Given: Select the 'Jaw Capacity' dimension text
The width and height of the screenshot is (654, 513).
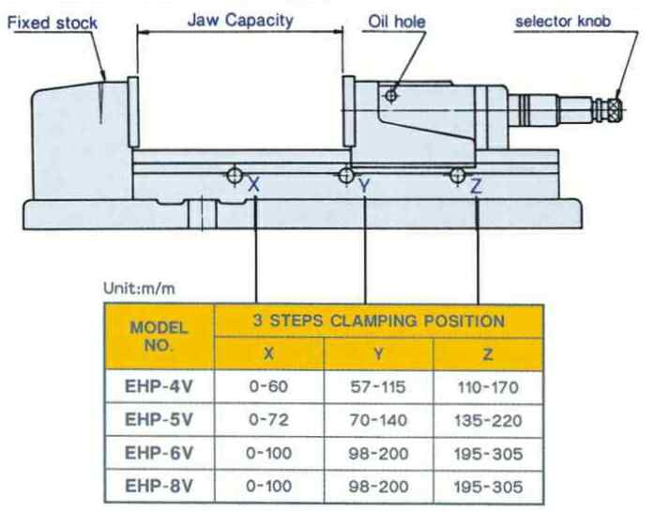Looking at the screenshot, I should point(240,19).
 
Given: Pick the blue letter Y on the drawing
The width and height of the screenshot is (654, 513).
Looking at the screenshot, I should point(365,187).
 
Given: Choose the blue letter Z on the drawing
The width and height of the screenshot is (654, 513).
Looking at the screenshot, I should point(477,186).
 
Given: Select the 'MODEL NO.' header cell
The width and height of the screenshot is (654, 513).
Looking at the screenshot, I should point(160,336).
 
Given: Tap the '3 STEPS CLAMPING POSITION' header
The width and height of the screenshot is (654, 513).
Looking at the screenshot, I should point(379,320).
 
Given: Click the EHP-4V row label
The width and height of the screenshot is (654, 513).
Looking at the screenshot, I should point(160,385).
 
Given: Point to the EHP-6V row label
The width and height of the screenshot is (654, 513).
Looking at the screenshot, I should point(160,454).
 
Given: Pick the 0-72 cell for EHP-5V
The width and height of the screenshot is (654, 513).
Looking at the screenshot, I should point(269,420).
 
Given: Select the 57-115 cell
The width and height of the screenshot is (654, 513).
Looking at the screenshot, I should point(379,385).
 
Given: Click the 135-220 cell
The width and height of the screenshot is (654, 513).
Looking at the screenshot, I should point(488,420).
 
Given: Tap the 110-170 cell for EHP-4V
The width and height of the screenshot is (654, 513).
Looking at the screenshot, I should point(488,385).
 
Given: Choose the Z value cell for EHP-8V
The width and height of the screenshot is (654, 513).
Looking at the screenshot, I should point(488,488).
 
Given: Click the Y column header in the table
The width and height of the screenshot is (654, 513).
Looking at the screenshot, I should point(379,352).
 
